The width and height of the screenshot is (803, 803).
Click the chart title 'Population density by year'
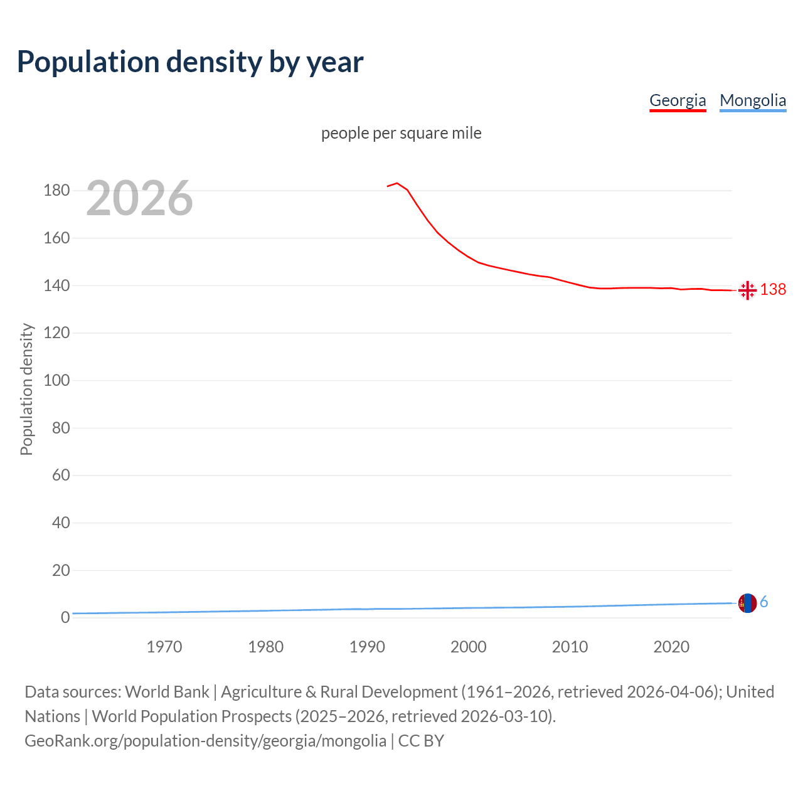(190, 62)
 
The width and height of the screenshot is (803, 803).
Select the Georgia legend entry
(678, 100)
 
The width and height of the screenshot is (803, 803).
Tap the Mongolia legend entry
(753, 100)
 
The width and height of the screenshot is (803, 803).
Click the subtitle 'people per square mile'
(401, 133)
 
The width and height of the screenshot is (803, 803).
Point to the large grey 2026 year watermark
(139, 198)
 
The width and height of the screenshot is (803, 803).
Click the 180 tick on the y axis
(56, 191)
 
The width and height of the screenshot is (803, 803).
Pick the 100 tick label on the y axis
(56, 381)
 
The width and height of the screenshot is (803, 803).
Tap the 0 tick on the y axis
(65, 618)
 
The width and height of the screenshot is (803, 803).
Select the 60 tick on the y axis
(60, 476)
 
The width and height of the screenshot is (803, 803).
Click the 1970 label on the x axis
(164, 647)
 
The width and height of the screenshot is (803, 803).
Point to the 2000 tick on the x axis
(469, 647)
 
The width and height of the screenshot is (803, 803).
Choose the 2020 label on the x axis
(671, 647)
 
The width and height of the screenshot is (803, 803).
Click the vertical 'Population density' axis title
(26, 389)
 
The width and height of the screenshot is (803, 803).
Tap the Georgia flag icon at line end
(747, 290)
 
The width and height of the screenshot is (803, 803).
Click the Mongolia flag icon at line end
(747, 603)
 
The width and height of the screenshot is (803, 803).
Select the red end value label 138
(773, 289)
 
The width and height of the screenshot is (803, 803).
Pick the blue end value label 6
(764, 602)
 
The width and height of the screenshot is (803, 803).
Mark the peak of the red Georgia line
(397, 183)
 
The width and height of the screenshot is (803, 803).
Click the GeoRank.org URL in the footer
(205, 741)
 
